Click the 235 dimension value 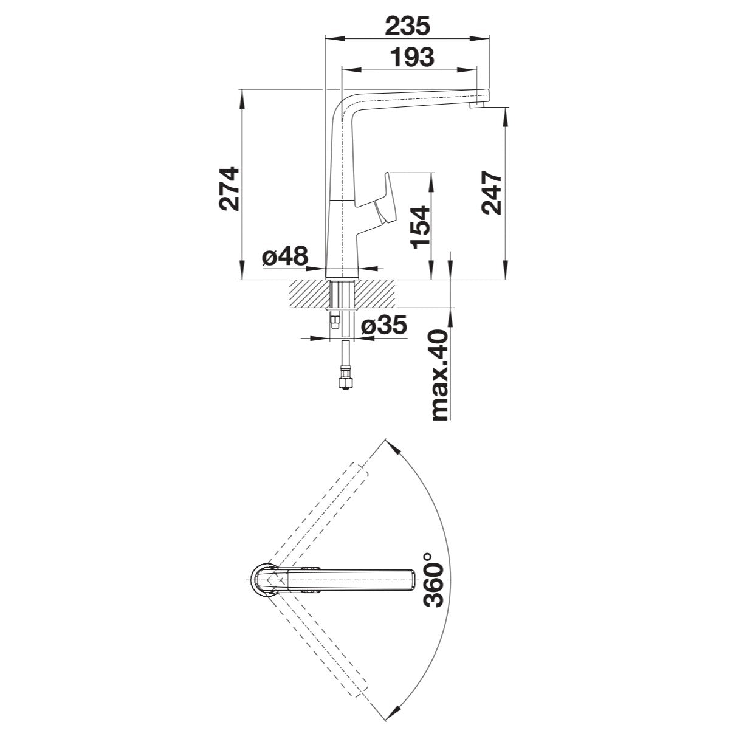(x=408, y=26)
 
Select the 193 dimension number (x=412, y=58)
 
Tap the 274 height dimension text (x=229, y=188)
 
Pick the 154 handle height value (x=420, y=227)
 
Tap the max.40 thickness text (x=440, y=375)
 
